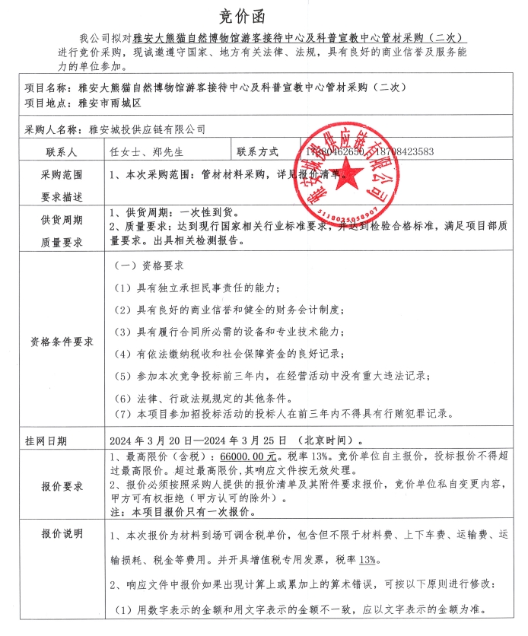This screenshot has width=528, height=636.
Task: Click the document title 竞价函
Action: click(264, 14)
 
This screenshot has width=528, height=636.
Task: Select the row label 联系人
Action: click(61, 152)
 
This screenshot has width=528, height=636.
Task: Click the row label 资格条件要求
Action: click(61, 341)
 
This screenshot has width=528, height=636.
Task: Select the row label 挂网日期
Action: click(46, 440)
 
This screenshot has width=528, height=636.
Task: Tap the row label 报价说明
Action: click(61, 533)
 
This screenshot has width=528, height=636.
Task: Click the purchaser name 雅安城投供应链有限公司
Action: click(147, 130)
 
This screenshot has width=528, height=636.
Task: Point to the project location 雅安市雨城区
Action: click(110, 102)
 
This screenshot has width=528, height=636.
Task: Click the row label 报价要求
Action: click(61, 486)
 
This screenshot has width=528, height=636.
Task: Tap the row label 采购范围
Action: click(61, 174)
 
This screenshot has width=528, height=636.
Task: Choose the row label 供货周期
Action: click(61, 220)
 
